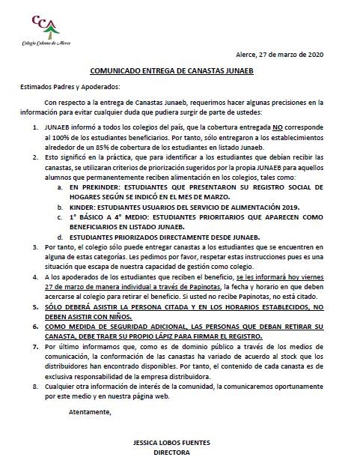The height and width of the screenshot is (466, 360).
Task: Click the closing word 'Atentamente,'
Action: click(x=89, y=411)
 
